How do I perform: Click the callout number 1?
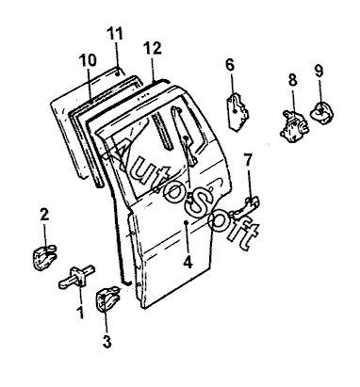click(x=81, y=313)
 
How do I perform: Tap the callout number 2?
click(x=44, y=216)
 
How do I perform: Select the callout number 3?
click(x=107, y=342)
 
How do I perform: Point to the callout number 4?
click(x=188, y=262)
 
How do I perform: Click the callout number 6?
click(x=230, y=65)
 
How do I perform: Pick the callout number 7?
click(x=248, y=160)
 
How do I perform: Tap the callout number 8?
click(x=292, y=79)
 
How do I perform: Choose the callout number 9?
click(x=319, y=71)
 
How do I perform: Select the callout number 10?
click(x=88, y=60)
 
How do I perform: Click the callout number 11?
click(x=115, y=34)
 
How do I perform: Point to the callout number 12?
click(x=153, y=48)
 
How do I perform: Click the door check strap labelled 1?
click(x=77, y=277)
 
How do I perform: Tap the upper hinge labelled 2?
click(x=45, y=257)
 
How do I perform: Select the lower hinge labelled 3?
click(x=107, y=300)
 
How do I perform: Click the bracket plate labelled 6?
click(x=238, y=111)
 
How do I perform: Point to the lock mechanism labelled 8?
click(x=293, y=125)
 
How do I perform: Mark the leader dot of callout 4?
click(x=187, y=222)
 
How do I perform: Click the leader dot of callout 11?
click(x=117, y=73)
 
